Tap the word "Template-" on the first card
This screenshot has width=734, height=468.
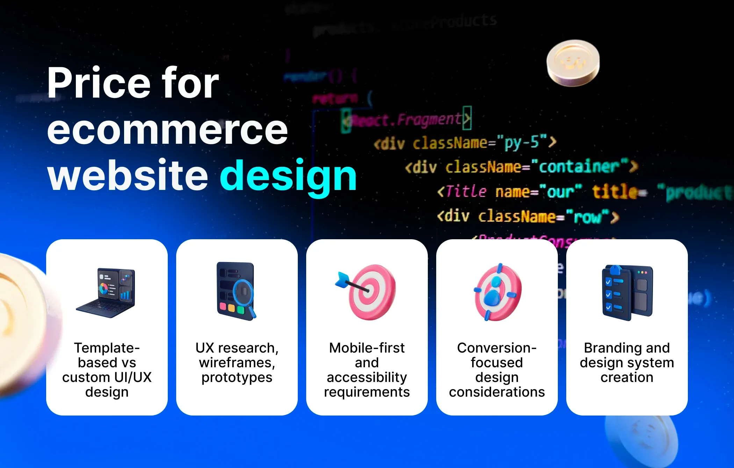click(107, 348)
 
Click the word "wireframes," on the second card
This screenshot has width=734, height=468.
click(237, 363)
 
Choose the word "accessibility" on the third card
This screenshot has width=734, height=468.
click(367, 377)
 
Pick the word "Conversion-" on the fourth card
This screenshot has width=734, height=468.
click(497, 348)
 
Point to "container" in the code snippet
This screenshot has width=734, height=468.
click(579, 167)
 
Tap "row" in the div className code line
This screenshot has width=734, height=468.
click(588, 217)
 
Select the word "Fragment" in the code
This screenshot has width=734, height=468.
click(429, 119)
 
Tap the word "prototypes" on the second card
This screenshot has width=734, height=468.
click(237, 378)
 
